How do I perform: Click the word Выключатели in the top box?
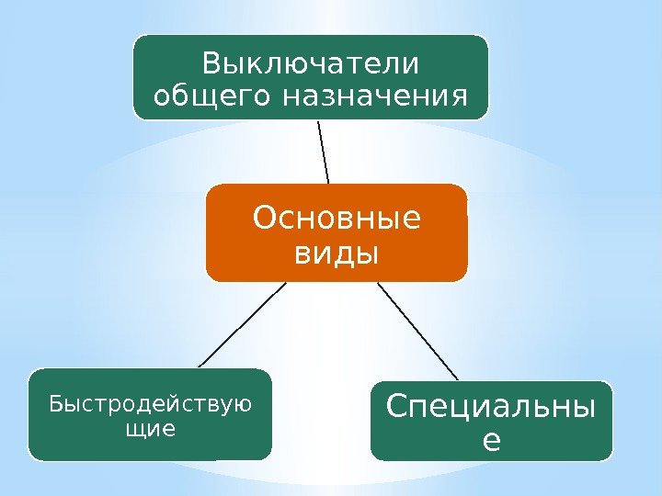[x=311, y=65]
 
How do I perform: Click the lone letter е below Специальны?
[x=492, y=441]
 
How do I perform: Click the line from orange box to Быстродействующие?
[x=242, y=324]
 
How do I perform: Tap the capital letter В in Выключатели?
[x=211, y=65]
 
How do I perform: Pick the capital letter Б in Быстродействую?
[x=53, y=403]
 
